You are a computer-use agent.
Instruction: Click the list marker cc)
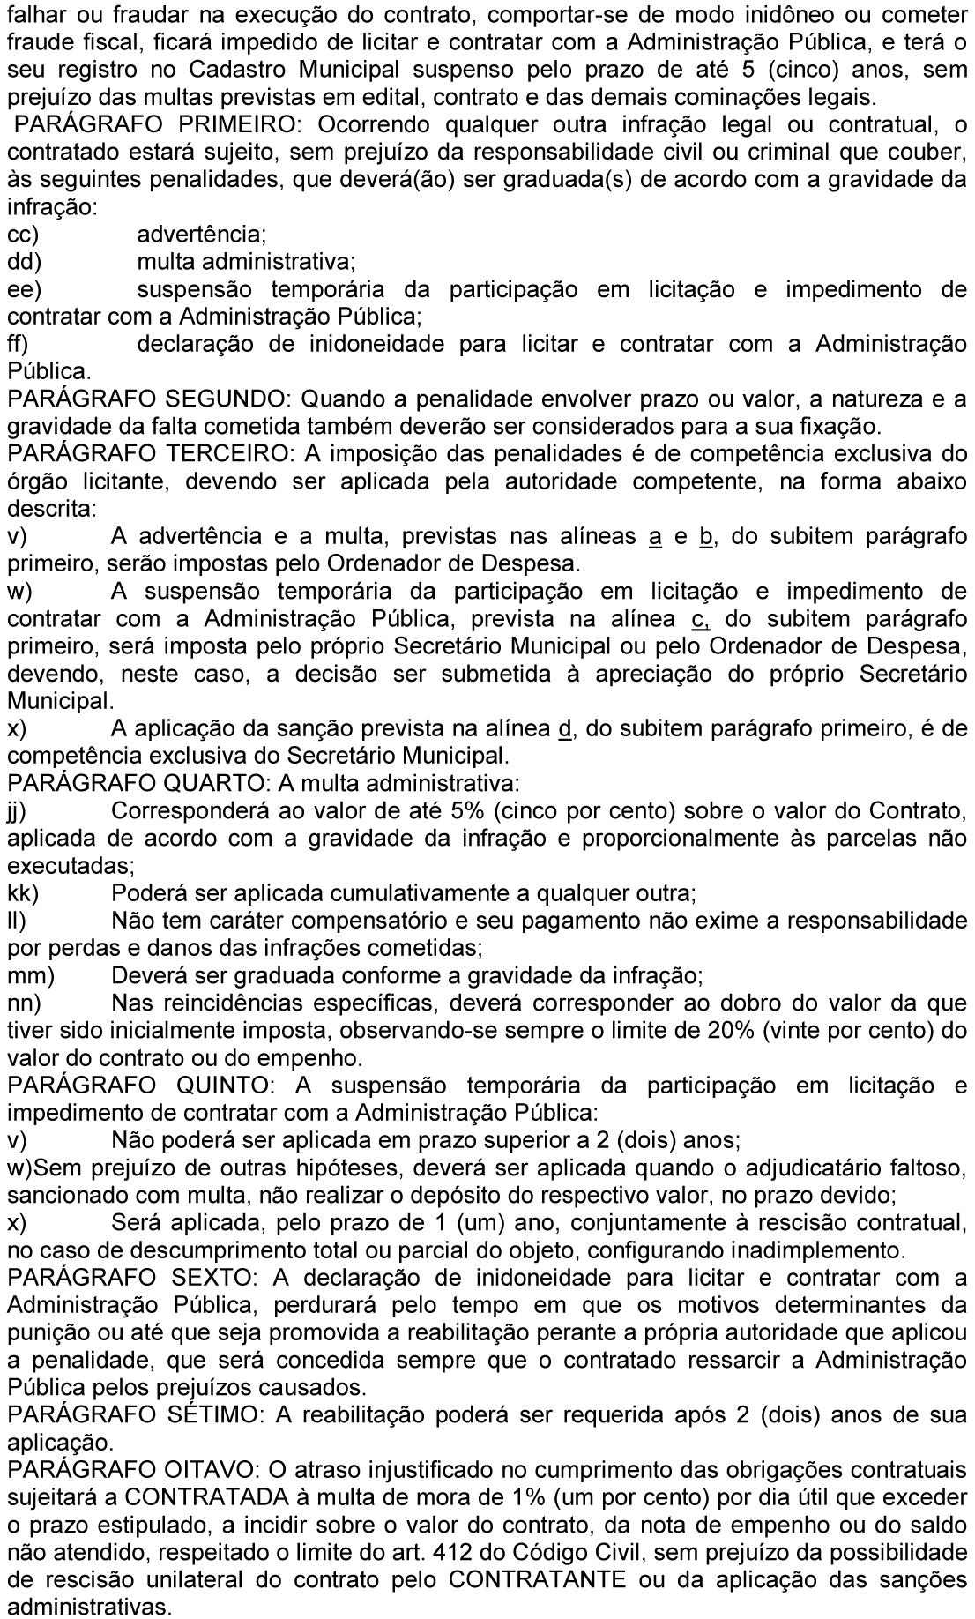pyautogui.click(x=23, y=235)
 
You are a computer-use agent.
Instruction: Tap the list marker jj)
pyautogui.click(x=17, y=810)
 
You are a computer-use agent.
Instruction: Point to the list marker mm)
pyautogui.click(x=30, y=976)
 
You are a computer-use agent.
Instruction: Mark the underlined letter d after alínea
pyautogui.click(x=565, y=729)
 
